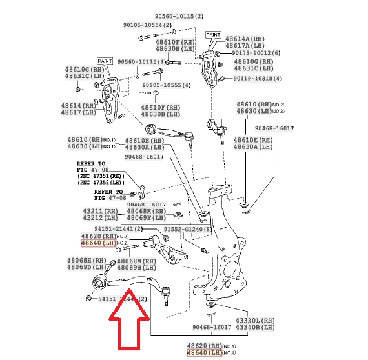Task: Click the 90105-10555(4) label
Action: [x=166, y=85]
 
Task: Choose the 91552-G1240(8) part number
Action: [x=187, y=228]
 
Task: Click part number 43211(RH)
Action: [x=99, y=210]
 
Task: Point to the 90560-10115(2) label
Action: [x=179, y=15]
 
